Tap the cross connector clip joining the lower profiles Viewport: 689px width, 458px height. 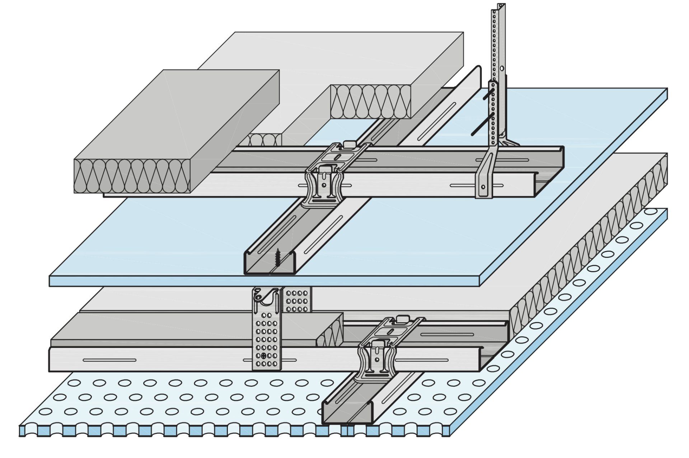(x=376, y=359)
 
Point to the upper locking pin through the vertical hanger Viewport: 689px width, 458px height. (x=488, y=94)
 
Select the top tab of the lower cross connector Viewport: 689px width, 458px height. (x=402, y=318)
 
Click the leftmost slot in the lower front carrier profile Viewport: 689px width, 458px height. (x=109, y=360)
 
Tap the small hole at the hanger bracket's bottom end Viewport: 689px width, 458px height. (x=483, y=187)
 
